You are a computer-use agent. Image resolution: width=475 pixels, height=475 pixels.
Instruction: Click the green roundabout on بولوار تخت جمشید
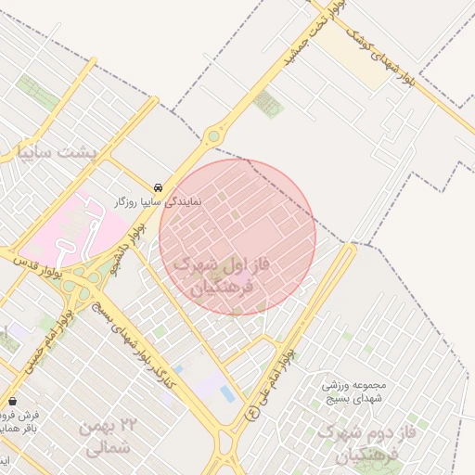214,136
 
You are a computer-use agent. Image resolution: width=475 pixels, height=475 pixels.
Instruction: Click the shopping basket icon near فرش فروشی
12,401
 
